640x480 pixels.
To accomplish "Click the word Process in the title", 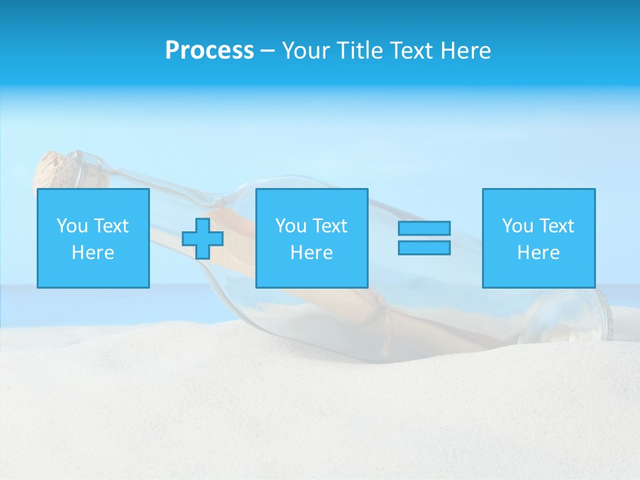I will click(x=209, y=51).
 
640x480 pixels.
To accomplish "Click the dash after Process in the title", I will click(x=267, y=51).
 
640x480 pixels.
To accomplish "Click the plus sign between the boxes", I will click(x=203, y=238).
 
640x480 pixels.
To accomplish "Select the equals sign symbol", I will click(x=424, y=238).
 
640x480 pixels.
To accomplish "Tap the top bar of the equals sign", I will click(x=424, y=228).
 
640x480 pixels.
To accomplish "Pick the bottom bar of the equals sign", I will click(x=424, y=248).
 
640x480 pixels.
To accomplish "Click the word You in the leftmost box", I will click(x=72, y=225).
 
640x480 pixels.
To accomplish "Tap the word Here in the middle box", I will click(x=311, y=253).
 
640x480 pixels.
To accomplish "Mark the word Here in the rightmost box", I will click(x=538, y=253).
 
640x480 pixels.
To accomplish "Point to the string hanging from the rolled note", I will click(x=385, y=333).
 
